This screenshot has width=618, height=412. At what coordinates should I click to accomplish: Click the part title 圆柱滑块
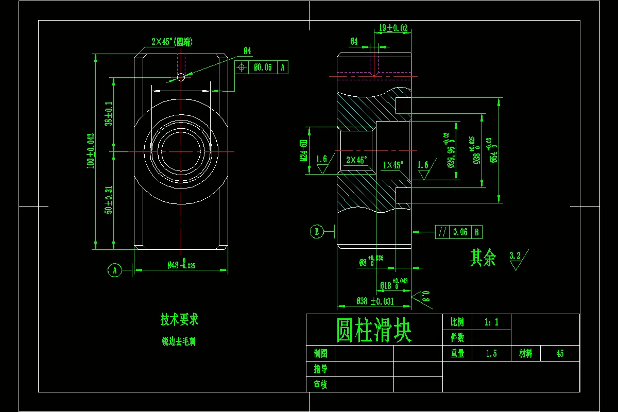374,331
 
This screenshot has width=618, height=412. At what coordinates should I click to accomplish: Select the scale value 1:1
491,322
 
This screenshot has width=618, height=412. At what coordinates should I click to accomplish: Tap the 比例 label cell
457,322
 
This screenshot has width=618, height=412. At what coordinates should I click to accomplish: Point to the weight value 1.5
491,354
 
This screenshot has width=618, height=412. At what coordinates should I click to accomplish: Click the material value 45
560,354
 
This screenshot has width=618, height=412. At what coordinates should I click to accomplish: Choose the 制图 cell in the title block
320,353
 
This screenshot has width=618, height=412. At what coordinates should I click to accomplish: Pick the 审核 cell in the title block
320,384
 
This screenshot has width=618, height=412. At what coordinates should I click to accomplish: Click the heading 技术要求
179,320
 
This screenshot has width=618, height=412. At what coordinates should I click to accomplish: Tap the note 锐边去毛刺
179,341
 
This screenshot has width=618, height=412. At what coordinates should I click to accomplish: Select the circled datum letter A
115,269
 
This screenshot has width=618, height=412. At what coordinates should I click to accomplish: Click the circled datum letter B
317,232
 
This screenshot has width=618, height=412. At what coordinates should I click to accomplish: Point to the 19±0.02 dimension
393,28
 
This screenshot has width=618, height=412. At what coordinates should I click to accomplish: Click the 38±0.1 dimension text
109,114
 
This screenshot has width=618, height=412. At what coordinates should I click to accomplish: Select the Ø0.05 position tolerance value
263,67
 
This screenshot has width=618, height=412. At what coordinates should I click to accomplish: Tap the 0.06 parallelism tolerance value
460,232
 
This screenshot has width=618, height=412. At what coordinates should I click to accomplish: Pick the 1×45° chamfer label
393,165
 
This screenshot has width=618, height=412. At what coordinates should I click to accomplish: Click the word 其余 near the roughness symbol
483,258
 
